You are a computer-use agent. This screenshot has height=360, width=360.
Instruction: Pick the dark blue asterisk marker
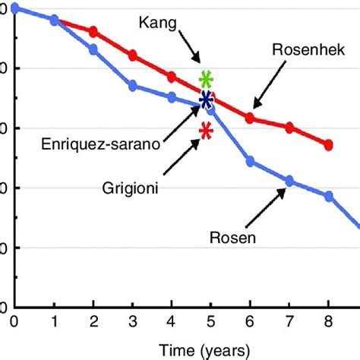click(x=206, y=99)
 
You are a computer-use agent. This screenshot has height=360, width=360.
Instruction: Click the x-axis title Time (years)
click(x=203, y=350)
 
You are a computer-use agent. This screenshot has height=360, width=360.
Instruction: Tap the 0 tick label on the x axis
click(x=14, y=322)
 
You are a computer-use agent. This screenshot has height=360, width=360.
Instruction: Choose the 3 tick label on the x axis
click(x=132, y=322)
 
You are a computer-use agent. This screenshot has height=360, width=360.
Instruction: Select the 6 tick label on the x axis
click(x=250, y=322)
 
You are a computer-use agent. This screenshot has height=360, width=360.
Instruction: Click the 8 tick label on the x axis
click(x=328, y=322)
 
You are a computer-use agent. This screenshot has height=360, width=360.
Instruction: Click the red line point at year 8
click(x=328, y=144)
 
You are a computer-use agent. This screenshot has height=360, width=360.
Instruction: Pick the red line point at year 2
click(x=93, y=32)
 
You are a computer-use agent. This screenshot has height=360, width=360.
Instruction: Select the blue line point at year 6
click(x=250, y=161)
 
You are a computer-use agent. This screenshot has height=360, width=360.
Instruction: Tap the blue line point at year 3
click(x=132, y=86)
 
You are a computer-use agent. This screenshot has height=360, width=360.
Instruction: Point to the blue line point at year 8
click(x=329, y=196)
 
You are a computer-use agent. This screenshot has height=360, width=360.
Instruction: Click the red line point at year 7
click(x=289, y=128)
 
